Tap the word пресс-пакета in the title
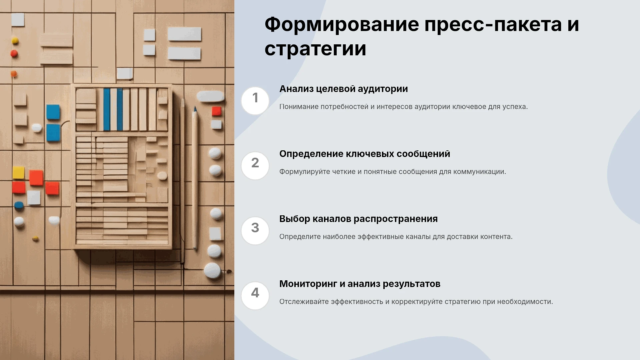coord(493,25)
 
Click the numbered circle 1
coord(255,101)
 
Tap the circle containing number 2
coord(255,166)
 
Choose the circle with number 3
coord(255,231)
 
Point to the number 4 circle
coord(255,296)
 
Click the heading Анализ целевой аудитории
coord(344,89)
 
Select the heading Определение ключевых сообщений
coord(365,154)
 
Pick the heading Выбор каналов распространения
coord(358,219)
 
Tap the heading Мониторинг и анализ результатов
coord(360,284)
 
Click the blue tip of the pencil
coord(195,109)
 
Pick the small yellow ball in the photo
coord(15,41)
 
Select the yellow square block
coord(18,173)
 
